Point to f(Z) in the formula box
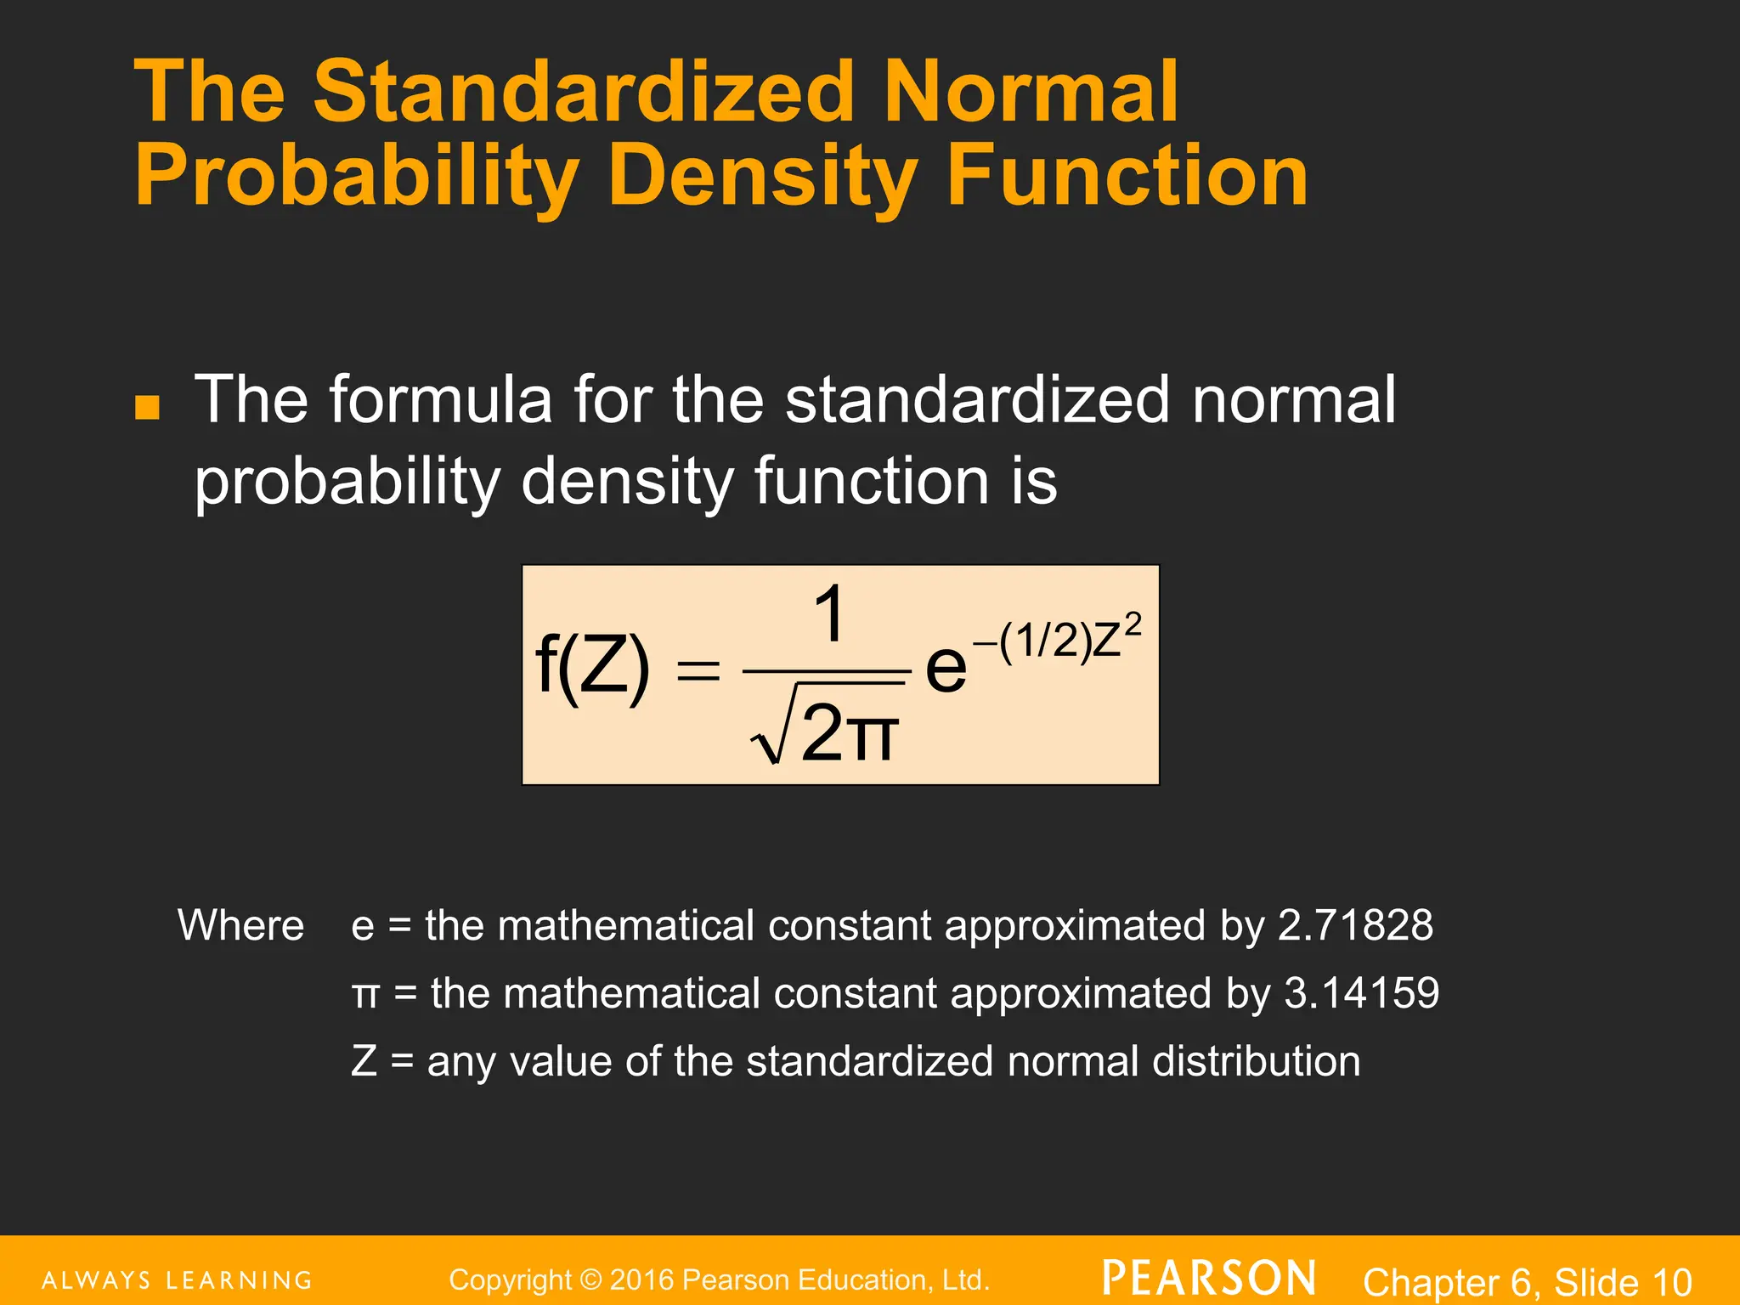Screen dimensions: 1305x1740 point(592,668)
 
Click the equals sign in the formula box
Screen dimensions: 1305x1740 point(697,672)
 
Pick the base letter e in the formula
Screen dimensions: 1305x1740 point(946,668)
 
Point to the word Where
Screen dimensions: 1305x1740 point(240,925)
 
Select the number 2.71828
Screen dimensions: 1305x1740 point(1355,925)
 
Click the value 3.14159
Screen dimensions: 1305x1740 point(1361,993)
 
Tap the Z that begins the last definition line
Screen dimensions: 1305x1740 point(364,1061)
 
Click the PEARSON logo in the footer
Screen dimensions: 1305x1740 point(1209,1278)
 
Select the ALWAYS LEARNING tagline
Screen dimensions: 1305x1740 point(177,1280)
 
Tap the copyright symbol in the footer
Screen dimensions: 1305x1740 point(591,1280)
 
